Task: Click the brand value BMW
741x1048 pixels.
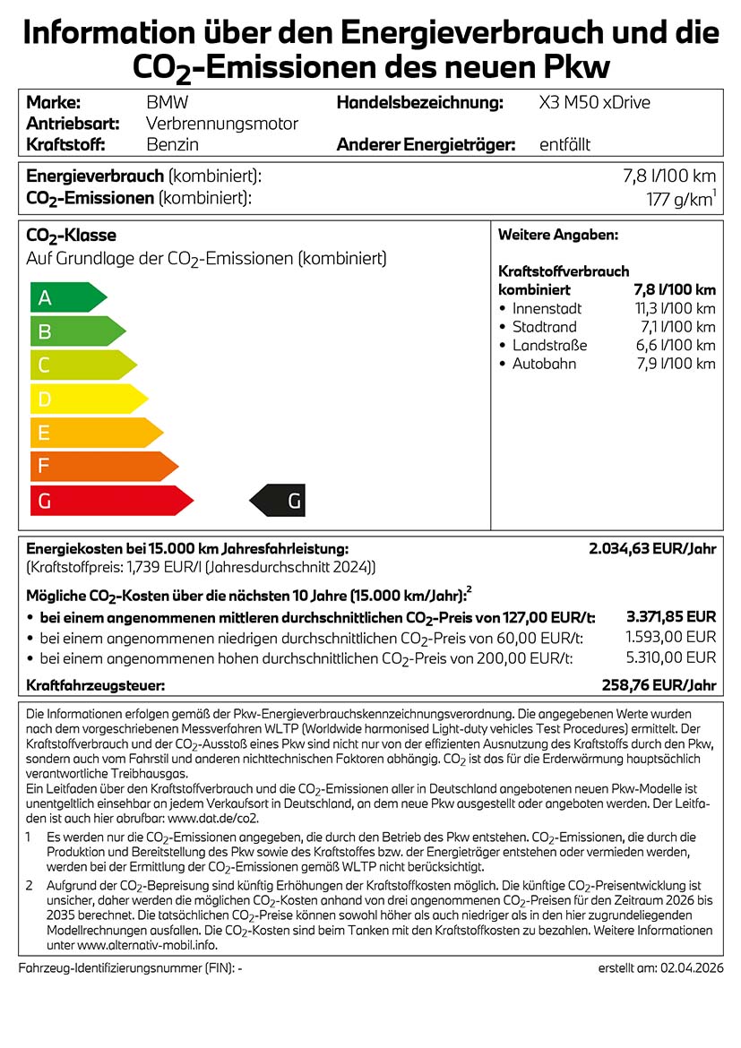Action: pos(167,103)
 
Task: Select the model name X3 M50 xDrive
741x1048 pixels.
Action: pos(594,103)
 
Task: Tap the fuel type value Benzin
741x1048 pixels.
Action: pos(172,144)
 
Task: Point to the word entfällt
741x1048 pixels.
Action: pos(564,144)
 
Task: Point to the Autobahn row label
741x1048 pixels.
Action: pos(544,364)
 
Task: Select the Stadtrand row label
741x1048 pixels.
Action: pos(544,327)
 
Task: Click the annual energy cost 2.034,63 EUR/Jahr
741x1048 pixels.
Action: pos(652,549)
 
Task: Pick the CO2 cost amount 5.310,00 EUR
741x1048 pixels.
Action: pos(670,658)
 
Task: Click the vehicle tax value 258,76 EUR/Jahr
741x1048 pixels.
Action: pos(659,685)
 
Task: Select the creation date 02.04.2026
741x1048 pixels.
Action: pos(691,969)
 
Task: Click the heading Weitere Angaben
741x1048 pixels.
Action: pos(557,235)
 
